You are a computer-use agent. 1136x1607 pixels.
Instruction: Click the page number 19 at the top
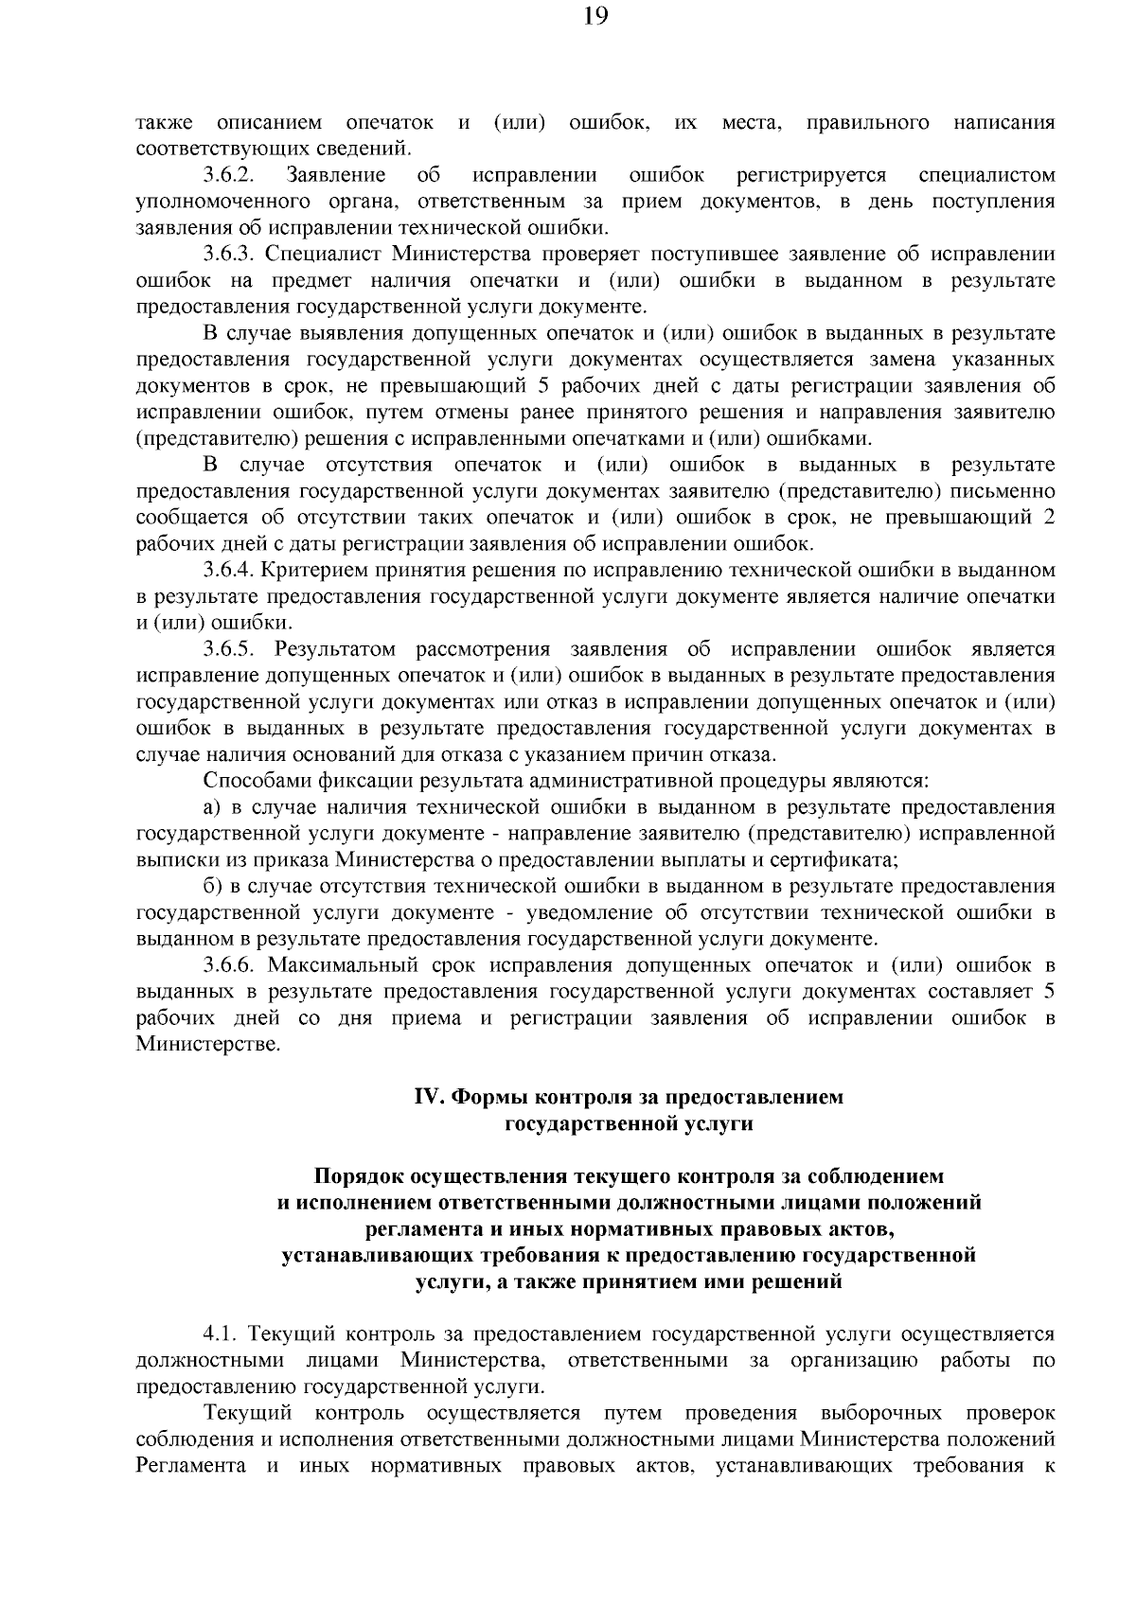(568, 17)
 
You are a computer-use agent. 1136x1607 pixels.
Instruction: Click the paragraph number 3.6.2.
(229, 175)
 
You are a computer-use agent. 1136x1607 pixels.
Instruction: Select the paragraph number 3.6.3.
(229, 255)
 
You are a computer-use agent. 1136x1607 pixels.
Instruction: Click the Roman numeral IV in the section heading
(429, 1098)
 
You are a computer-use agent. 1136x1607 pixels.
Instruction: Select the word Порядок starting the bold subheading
(360, 1176)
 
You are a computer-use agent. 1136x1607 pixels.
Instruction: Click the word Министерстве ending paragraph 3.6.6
(209, 1045)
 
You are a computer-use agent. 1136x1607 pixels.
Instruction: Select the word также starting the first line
(165, 123)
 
